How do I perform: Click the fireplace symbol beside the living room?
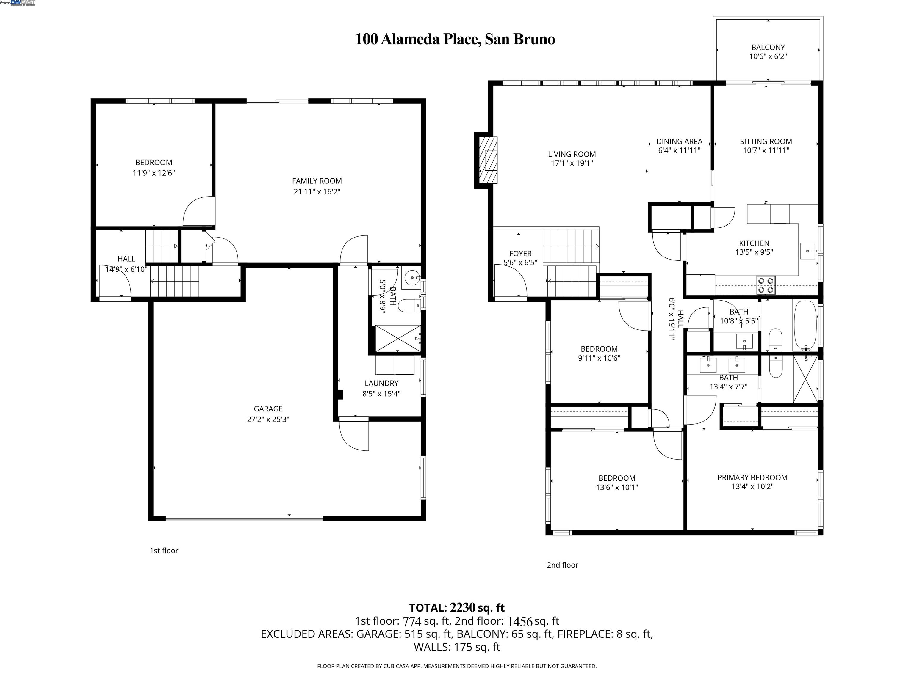(488, 160)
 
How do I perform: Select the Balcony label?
(768, 48)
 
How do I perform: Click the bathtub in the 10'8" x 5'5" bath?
(805, 325)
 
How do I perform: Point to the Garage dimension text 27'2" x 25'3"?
(268, 420)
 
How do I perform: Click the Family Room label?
(317, 181)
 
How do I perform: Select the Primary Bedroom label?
(752, 477)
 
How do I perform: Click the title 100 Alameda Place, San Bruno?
(455, 39)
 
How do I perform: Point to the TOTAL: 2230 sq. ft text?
(457, 608)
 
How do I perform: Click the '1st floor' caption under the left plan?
(164, 550)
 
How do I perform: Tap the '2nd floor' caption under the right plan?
(562, 565)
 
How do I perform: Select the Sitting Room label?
(766, 141)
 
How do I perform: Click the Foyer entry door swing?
(510, 281)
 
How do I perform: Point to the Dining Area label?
(679, 141)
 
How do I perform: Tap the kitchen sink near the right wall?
(807, 251)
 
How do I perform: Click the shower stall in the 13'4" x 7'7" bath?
(805, 379)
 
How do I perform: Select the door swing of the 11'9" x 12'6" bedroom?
(198, 211)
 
